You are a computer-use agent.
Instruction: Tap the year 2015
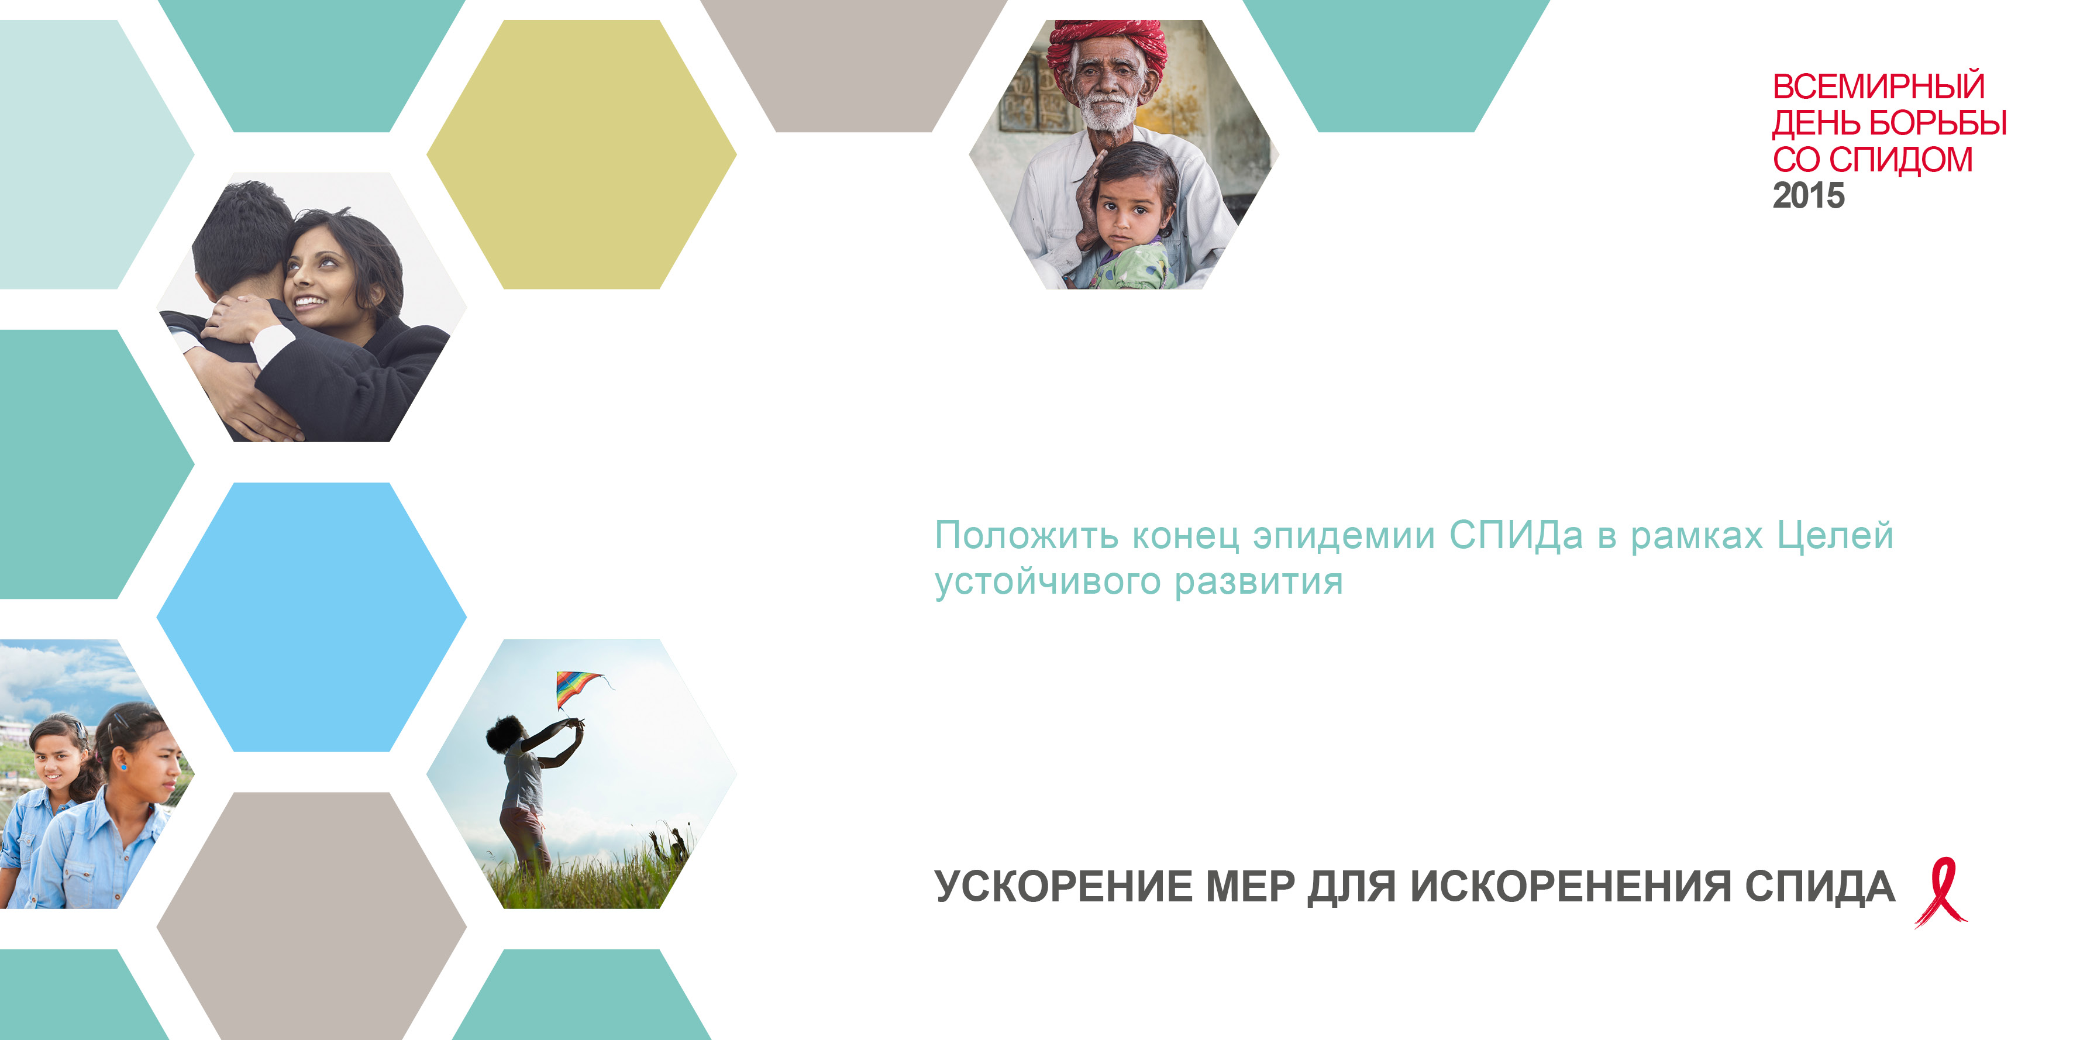[x=1809, y=195]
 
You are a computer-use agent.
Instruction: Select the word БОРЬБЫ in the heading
[x=1938, y=123]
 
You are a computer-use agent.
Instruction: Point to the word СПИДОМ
[x=1901, y=159]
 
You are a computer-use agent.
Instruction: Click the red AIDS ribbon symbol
[x=1940, y=892]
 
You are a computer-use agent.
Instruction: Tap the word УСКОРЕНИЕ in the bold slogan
[x=1063, y=887]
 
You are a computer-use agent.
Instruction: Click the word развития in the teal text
[x=1259, y=582]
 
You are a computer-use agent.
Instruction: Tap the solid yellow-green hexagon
[x=581, y=154]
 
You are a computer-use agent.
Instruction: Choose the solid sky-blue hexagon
[x=312, y=617]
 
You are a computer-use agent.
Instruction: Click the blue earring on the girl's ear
[x=123, y=764]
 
